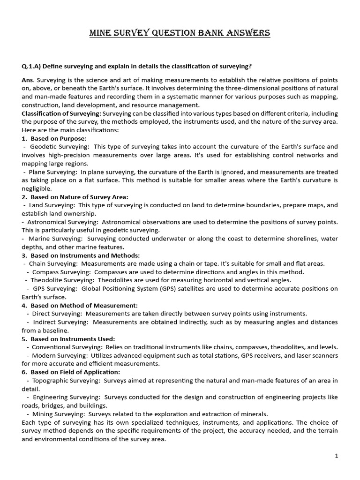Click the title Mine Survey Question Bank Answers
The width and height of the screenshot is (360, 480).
click(x=180, y=33)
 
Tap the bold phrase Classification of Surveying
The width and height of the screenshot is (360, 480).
click(x=60, y=114)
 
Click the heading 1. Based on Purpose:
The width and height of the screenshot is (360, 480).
click(x=54, y=138)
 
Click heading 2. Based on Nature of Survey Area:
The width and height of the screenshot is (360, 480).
click(x=75, y=197)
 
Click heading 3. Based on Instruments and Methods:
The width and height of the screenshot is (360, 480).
click(x=81, y=255)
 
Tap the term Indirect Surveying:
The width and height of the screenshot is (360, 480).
click(x=60, y=322)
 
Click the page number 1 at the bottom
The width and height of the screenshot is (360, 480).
click(x=336, y=456)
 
